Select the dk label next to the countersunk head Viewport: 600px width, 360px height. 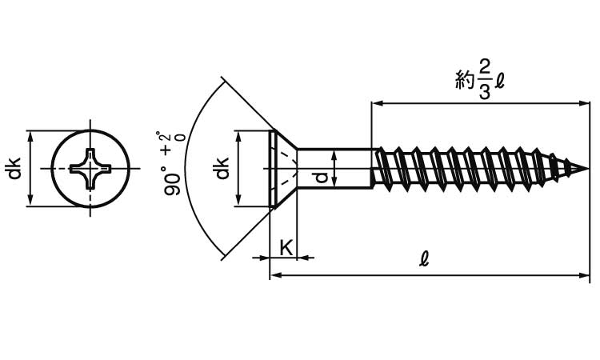222,169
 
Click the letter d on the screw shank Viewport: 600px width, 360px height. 321,177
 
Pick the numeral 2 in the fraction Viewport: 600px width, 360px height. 485,65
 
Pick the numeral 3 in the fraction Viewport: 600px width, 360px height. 485,90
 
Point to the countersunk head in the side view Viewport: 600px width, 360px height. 282,168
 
